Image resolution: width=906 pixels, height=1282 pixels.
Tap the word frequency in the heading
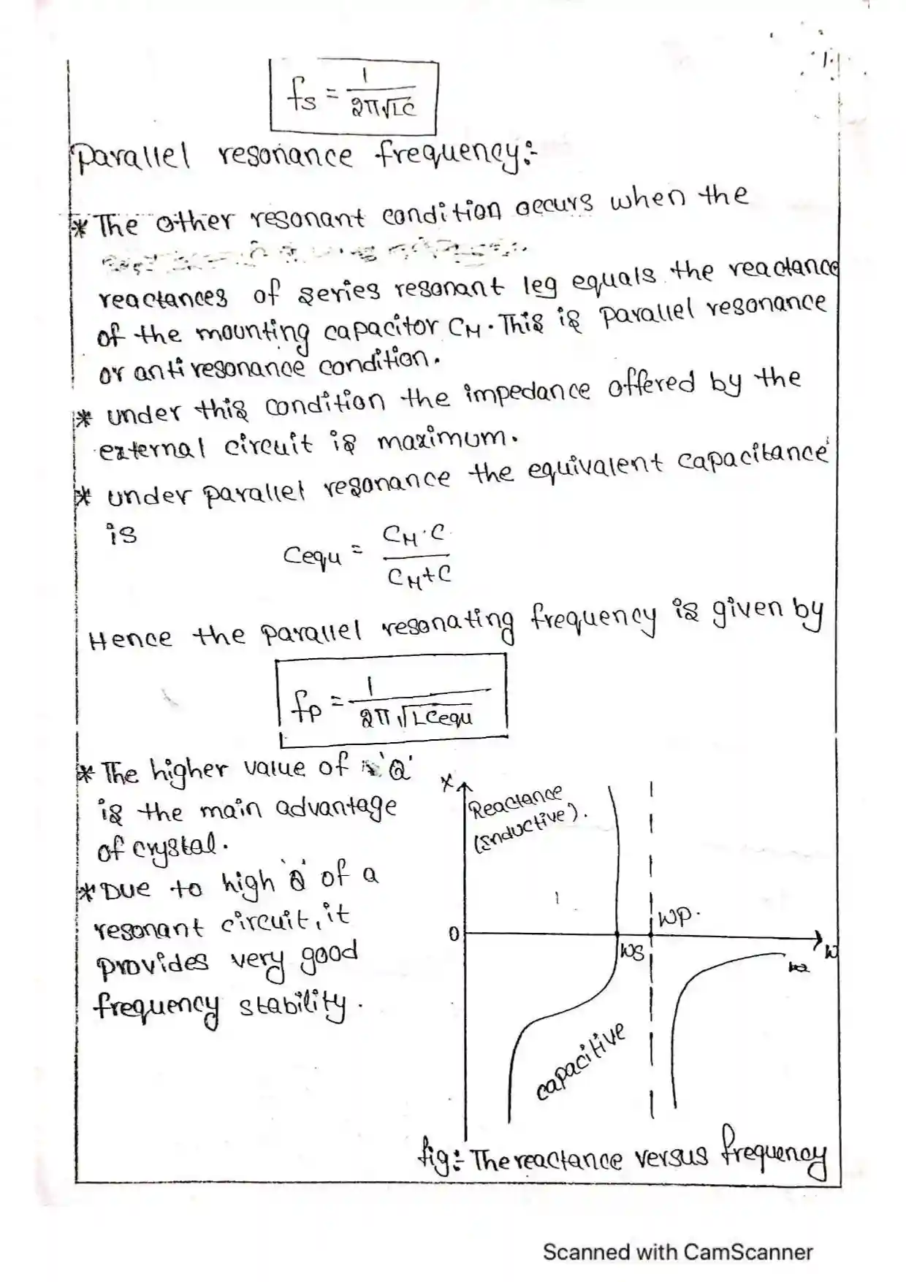click(452, 155)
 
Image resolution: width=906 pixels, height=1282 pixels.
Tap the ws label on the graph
click(631, 950)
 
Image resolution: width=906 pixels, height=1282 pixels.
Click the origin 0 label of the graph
click(453, 934)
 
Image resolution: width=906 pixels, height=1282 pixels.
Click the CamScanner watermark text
click(677, 1251)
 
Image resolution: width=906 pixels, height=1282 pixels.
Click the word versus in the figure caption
click(671, 1157)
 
